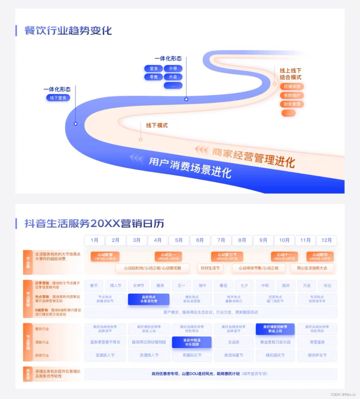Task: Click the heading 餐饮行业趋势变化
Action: coord(68,31)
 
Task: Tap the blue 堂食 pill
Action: coord(154,68)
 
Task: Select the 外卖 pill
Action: coord(173,77)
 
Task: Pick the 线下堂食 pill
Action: coord(58,98)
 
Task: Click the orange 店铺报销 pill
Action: coord(292,87)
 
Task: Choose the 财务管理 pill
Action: coord(292,104)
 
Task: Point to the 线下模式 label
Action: coord(157,125)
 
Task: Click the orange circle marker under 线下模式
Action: coord(140,139)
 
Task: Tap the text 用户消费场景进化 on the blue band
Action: coord(190,167)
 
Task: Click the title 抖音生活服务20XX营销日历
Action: coord(94,223)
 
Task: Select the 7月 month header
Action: coord(221,240)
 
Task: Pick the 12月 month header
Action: coord(326,240)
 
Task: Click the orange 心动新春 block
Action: coord(105,256)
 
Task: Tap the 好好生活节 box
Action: coord(210,268)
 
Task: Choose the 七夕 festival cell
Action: coord(244,286)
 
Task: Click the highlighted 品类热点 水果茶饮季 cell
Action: coord(148,299)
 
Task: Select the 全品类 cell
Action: coord(234,342)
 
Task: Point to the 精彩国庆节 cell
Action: coord(275,355)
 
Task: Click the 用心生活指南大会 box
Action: coord(312,268)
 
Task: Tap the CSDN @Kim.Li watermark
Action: coord(343,395)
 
